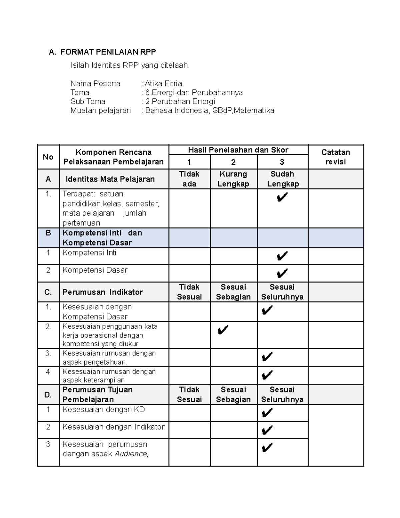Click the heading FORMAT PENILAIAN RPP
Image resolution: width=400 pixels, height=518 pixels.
point(108,52)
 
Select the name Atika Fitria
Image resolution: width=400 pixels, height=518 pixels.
point(163,83)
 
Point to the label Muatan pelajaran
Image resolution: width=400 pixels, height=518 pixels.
point(100,110)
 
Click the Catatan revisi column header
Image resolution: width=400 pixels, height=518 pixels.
point(335,157)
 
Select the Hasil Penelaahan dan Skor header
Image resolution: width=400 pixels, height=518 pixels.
point(238,150)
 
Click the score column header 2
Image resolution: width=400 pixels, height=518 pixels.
point(233,162)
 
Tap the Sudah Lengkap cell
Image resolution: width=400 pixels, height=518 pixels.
point(282,179)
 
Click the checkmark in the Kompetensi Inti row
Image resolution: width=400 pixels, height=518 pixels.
point(282,256)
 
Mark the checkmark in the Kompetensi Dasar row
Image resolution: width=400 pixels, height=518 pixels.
point(282,274)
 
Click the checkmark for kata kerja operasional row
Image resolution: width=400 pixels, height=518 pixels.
point(223,331)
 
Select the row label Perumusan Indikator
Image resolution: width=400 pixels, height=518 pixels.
point(103,292)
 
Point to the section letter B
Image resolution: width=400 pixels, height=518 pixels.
point(48,233)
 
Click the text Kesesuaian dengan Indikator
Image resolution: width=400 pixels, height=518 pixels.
point(113,427)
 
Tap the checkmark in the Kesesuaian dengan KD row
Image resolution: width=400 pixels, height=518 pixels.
point(267,413)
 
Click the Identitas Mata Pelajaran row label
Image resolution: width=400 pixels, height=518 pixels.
point(110,179)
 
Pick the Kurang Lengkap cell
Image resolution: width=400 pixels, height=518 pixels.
point(233,179)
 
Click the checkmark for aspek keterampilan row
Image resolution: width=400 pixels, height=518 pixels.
point(267,375)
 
